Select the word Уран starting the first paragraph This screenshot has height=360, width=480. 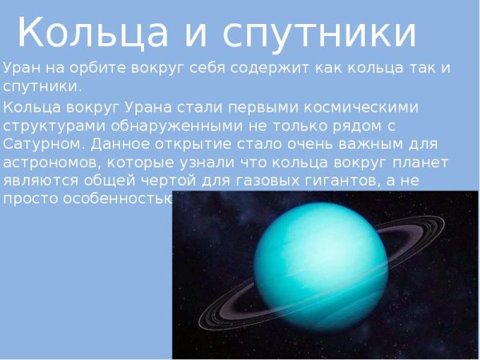click(22, 67)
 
